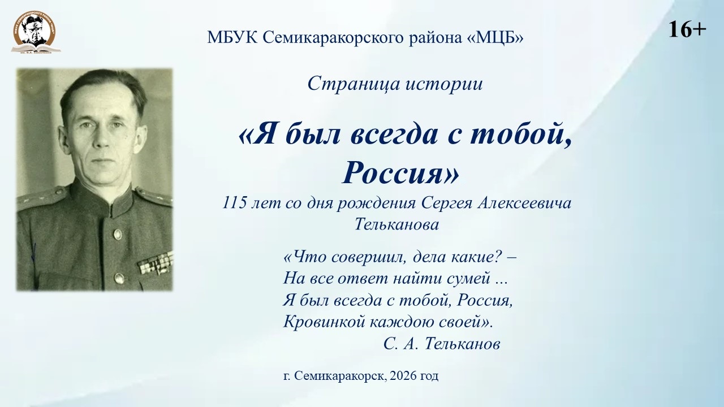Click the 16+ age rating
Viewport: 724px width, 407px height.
coord(687,30)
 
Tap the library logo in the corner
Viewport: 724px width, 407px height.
coord(36,32)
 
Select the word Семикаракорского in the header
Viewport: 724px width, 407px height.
coord(333,38)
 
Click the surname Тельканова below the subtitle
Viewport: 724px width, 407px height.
coord(397,224)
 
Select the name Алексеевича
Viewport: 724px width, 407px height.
coord(524,203)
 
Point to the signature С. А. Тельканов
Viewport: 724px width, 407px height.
coord(442,344)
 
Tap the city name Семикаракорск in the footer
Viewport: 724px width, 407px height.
coord(341,376)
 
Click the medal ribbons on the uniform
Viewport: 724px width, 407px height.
coord(155,264)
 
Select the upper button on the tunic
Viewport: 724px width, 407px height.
coord(117,234)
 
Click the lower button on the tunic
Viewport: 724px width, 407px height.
coord(119,278)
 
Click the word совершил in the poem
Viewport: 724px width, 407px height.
coord(366,258)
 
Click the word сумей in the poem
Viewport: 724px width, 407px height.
coord(468,279)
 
